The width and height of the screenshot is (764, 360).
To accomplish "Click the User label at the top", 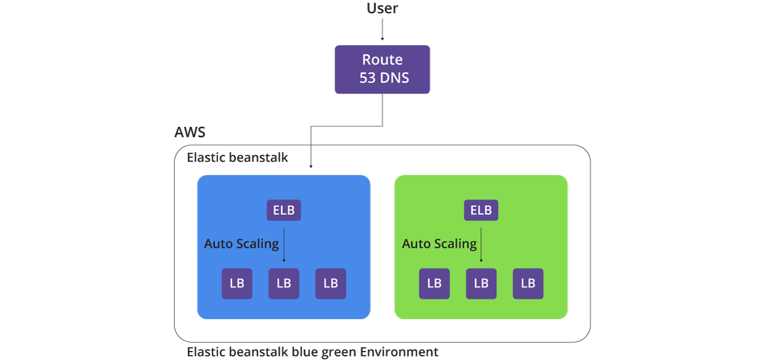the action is coord(382,8).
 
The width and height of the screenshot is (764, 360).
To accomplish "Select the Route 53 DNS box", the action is coord(383,69).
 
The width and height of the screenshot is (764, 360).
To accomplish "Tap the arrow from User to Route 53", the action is coord(383,29).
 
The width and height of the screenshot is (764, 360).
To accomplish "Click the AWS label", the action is coord(190,132).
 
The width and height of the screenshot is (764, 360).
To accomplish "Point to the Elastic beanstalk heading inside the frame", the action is coord(237,157).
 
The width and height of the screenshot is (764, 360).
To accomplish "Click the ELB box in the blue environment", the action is coord(283,210).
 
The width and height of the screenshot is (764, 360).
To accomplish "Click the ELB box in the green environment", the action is coord(481,210).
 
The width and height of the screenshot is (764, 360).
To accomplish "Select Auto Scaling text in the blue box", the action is coord(241,244).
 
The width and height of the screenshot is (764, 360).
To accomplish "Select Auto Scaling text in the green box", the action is coord(439,244).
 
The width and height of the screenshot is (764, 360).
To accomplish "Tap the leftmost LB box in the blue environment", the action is coord(237,284).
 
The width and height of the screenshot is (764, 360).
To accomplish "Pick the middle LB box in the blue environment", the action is coord(283,284).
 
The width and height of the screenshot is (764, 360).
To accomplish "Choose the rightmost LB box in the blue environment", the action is coord(331,284).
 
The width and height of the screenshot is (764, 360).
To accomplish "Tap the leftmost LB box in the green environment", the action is coord(434,284).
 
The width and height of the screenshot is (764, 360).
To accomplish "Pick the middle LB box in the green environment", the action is coord(481,284).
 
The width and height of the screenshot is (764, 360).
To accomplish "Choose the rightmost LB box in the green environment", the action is coord(528,284).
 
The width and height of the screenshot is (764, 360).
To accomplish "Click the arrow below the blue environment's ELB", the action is coord(283,245).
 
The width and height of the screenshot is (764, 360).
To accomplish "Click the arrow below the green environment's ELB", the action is coord(481,245).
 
